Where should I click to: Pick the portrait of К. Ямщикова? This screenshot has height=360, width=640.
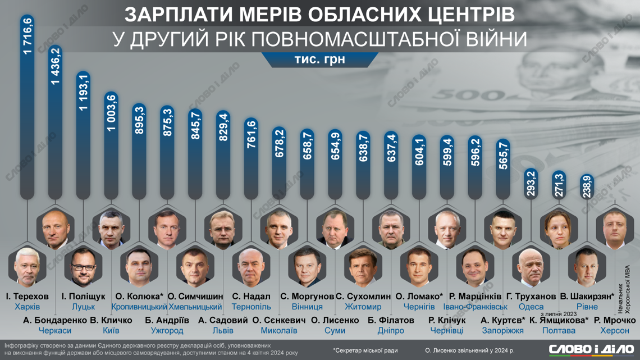(560, 229)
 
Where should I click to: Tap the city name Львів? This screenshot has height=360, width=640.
(223, 331)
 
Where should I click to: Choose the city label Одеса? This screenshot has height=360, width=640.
(531, 307)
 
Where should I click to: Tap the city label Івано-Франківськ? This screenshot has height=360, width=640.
(475, 307)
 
